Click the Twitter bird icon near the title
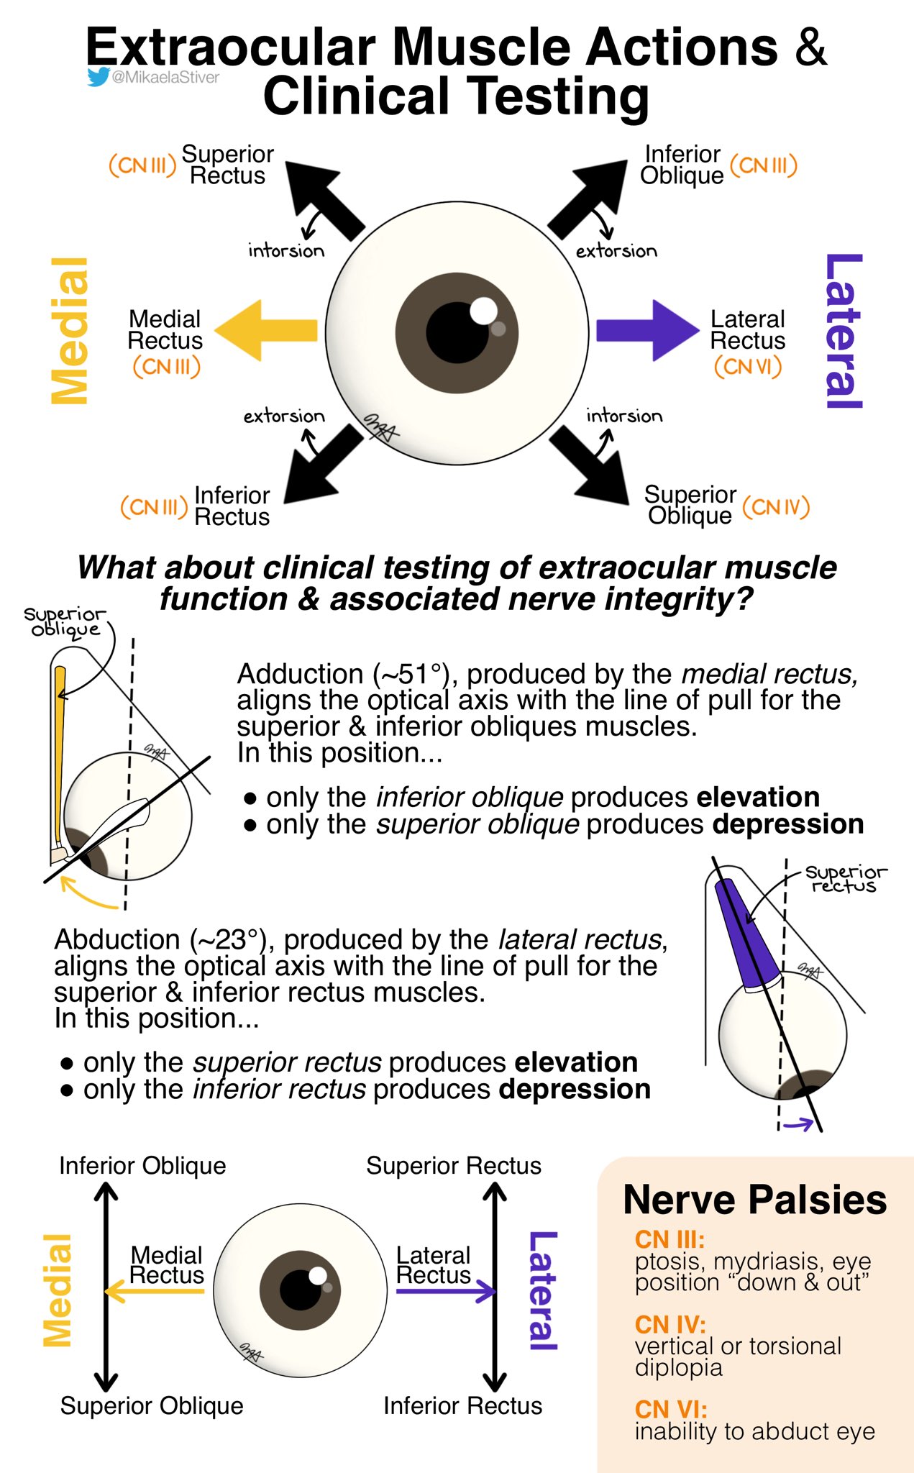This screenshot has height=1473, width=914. pyautogui.click(x=98, y=77)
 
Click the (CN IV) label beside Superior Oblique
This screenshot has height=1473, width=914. pyautogui.click(x=776, y=507)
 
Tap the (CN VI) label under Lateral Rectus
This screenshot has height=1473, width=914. pyautogui.click(x=747, y=367)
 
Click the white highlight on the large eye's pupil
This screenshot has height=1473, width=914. pyautogui.click(x=483, y=311)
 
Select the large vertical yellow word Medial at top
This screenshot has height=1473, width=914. pyautogui.click(x=70, y=331)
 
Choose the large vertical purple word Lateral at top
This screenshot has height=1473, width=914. pyautogui.click(x=843, y=331)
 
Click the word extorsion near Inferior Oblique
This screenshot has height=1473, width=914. pyautogui.click(x=616, y=251)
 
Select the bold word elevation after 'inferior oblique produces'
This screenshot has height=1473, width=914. pyautogui.click(x=758, y=797)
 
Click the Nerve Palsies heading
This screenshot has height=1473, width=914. pyautogui.click(x=754, y=1200)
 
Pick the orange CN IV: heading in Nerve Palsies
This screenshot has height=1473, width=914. pyautogui.click(x=669, y=1324)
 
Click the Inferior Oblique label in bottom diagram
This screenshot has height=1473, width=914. pyautogui.click(x=142, y=1166)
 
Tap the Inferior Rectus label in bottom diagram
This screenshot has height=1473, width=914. pyautogui.click(x=462, y=1405)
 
